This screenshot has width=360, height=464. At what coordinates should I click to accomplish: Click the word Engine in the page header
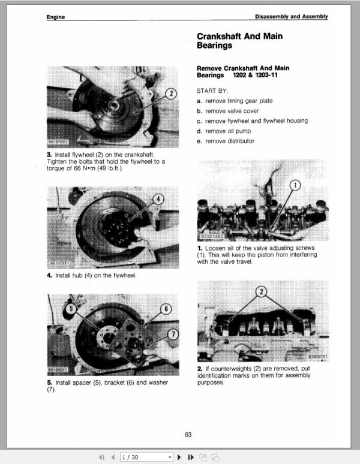click(x=56, y=17)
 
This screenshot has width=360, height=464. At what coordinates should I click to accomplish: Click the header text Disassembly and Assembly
click(x=291, y=17)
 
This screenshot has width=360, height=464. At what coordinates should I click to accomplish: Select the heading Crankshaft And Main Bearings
click(x=239, y=41)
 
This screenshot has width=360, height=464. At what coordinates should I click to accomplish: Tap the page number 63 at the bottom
click(x=188, y=435)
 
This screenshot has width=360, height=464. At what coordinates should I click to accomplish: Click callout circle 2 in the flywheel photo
click(x=171, y=94)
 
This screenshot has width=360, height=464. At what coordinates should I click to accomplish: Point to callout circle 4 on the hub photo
click(x=158, y=198)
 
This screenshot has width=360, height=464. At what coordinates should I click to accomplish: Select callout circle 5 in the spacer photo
click(x=71, y=310)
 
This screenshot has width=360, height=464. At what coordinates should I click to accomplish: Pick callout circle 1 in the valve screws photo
click(x=295, y=185)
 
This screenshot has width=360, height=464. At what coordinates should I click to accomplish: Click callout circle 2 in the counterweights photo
click(x=261, y=293)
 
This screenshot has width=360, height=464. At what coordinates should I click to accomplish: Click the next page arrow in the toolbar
click(x=179, y=457)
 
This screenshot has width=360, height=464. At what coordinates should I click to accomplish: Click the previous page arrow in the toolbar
click(x=113, y=457)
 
